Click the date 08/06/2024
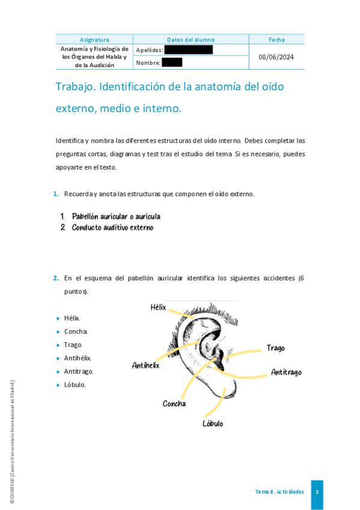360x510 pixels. click(276, 57)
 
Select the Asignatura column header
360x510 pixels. click(94, 40)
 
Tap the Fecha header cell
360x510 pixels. click(276, 40)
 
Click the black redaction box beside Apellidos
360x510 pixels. click(188, 49)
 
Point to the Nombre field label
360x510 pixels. click(148, 63)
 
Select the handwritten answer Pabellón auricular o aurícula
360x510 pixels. click(115, 216)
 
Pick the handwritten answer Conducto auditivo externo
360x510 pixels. click(112, 227)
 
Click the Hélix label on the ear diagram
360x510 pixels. click(158, 307)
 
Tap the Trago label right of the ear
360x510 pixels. click(275, 348)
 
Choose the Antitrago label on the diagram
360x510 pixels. click(286, 372)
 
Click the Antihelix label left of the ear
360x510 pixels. click(145, 365)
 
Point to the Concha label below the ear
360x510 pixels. click(174, 404)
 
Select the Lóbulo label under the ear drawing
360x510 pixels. click(213, 423)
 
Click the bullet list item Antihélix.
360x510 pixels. click(78, 358)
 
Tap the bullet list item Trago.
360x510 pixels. click(73, 345)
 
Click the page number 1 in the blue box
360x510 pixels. click(317, 492)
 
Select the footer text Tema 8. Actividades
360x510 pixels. click(279, 492)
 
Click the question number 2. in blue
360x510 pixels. click(55, 278)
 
